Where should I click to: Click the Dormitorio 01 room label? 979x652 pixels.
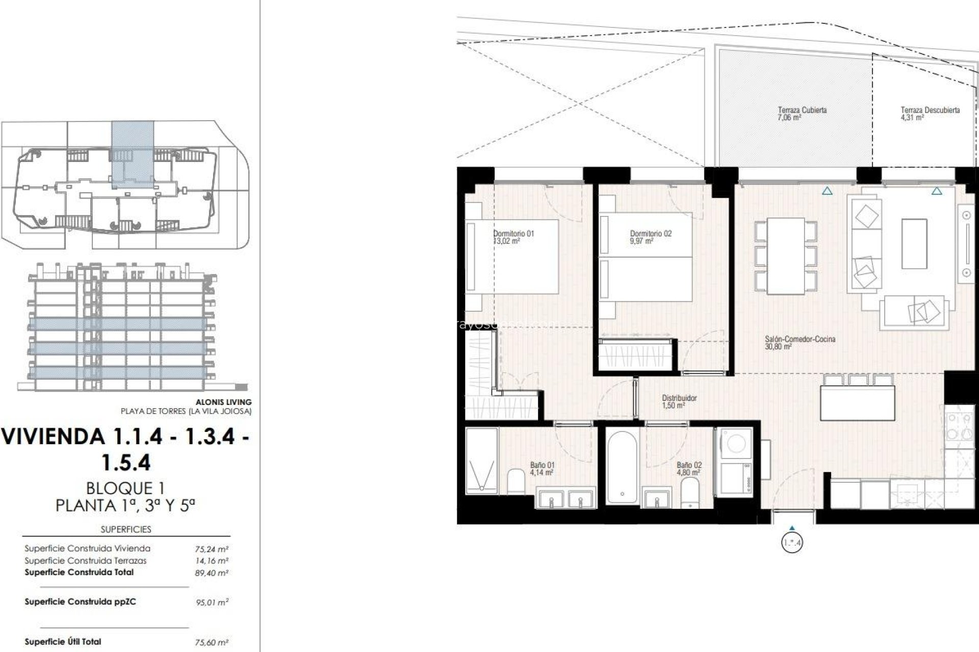click(513, 234)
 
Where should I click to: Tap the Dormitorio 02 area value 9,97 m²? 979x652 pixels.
click(641, 241)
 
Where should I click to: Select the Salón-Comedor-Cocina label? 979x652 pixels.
click(800, 339)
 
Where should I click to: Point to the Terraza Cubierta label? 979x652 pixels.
click(802, 110)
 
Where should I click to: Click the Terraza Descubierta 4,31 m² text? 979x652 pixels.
click(912, 118)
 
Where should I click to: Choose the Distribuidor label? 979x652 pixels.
click(679, 398)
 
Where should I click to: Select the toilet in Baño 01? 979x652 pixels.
click(516, 481)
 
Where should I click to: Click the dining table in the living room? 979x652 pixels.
click(786, 256)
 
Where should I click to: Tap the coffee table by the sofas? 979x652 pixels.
click(914, 243)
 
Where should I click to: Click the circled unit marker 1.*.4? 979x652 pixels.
click(791, 543)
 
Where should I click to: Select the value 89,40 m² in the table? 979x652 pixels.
click(212, 573)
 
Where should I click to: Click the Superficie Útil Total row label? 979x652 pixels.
click(63, 642)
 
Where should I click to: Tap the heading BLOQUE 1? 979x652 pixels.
click(125, 488)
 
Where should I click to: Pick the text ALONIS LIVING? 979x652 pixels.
click(223, 402)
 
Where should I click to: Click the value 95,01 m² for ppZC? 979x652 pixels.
click(212, 603)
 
